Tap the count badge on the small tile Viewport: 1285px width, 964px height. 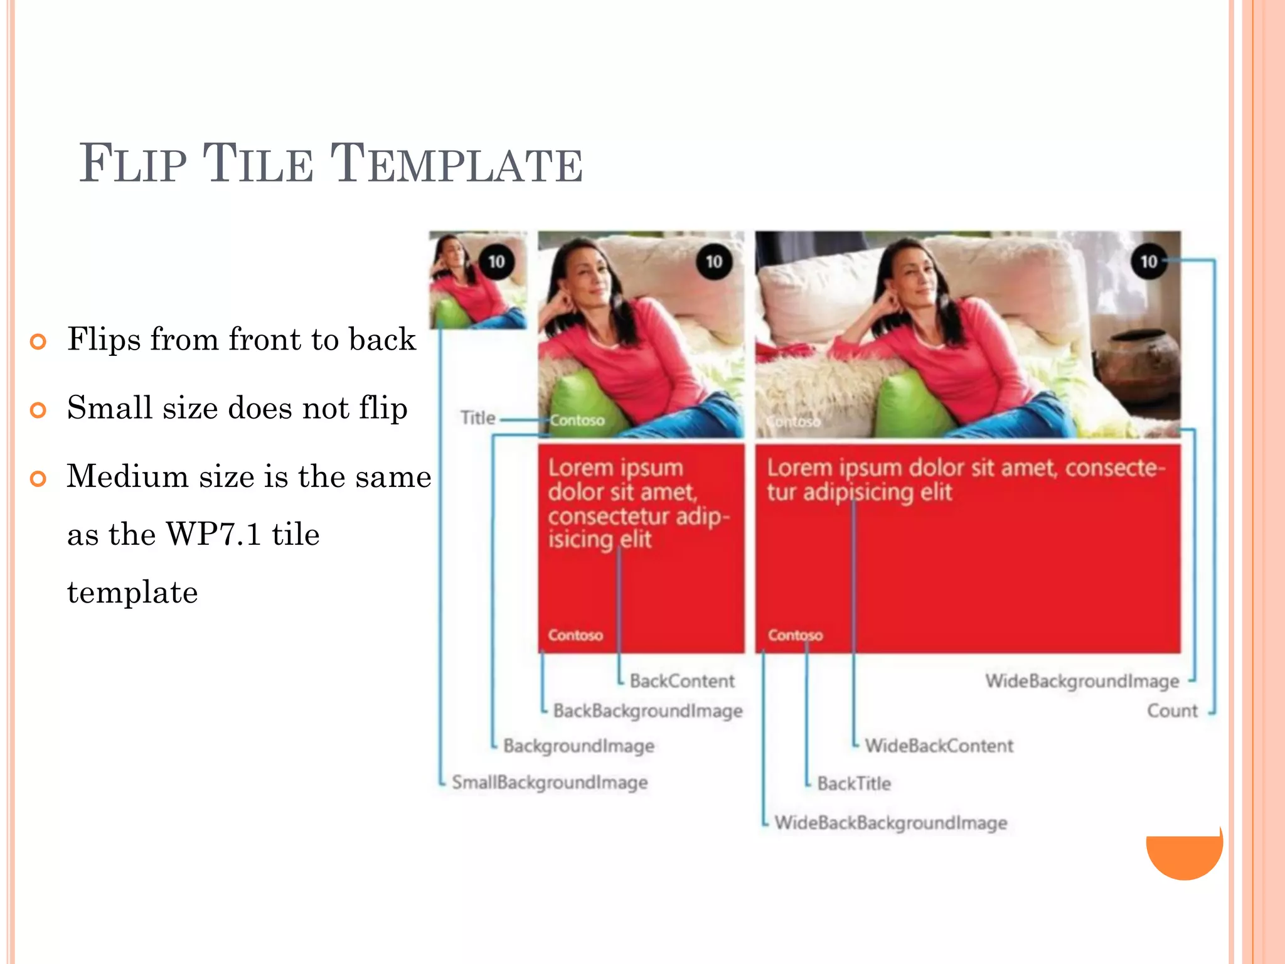pos(496,262)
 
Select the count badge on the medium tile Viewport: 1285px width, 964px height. pos(714,262)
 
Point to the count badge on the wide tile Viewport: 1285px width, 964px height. pos(1148,262)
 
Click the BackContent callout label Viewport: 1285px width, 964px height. pos(682,681)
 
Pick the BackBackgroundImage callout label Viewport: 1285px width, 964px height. pos(648,711)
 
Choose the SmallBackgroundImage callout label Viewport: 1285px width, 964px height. pos(550,783)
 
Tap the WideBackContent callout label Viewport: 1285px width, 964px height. pos(939,746)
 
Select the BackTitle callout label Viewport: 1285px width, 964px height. pos(854,783)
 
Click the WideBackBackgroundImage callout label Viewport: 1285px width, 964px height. pos(891,823)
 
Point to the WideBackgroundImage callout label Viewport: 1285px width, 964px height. pos(1082,681)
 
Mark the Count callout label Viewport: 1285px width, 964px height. pos(1172,711)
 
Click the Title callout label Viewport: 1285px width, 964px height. pos(478,418)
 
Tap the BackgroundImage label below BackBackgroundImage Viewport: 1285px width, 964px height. pos(579,746)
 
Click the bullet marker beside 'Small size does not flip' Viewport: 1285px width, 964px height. pos(38,410)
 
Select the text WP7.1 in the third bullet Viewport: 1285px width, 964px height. pos(213,535)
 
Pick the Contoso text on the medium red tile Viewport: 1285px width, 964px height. pos(575,635)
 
